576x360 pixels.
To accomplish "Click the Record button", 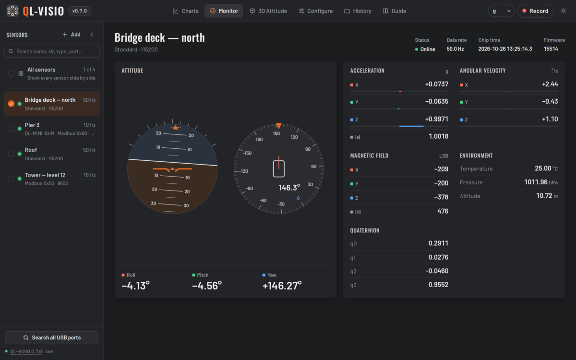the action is (535, 11).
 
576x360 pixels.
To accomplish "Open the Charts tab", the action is (185, 11).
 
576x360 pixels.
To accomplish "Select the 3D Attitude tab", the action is (268, 11).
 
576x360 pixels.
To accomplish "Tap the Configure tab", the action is (315, 11).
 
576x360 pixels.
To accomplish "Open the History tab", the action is (358, 11).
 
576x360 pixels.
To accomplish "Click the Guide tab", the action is (395, 11).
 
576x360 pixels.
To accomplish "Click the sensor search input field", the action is (52, 51).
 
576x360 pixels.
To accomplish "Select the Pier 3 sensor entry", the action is (52, 129).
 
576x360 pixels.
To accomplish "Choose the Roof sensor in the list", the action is (52, 154).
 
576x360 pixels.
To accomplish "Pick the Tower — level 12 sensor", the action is (52, 179).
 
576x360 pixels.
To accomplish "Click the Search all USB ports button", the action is (52, 337).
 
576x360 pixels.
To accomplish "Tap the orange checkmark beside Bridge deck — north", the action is (11, 104).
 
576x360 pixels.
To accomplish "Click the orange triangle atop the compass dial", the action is (278, 126).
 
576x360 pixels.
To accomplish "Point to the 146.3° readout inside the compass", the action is (289, 188).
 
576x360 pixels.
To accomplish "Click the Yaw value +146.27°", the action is (282, 286).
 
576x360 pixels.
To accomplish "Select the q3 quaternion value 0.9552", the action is (438, 284).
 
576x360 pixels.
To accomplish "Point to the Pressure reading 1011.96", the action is (536, 182).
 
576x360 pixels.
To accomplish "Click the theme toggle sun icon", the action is (563, 11).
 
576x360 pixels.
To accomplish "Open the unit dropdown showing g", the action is (501, 11).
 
